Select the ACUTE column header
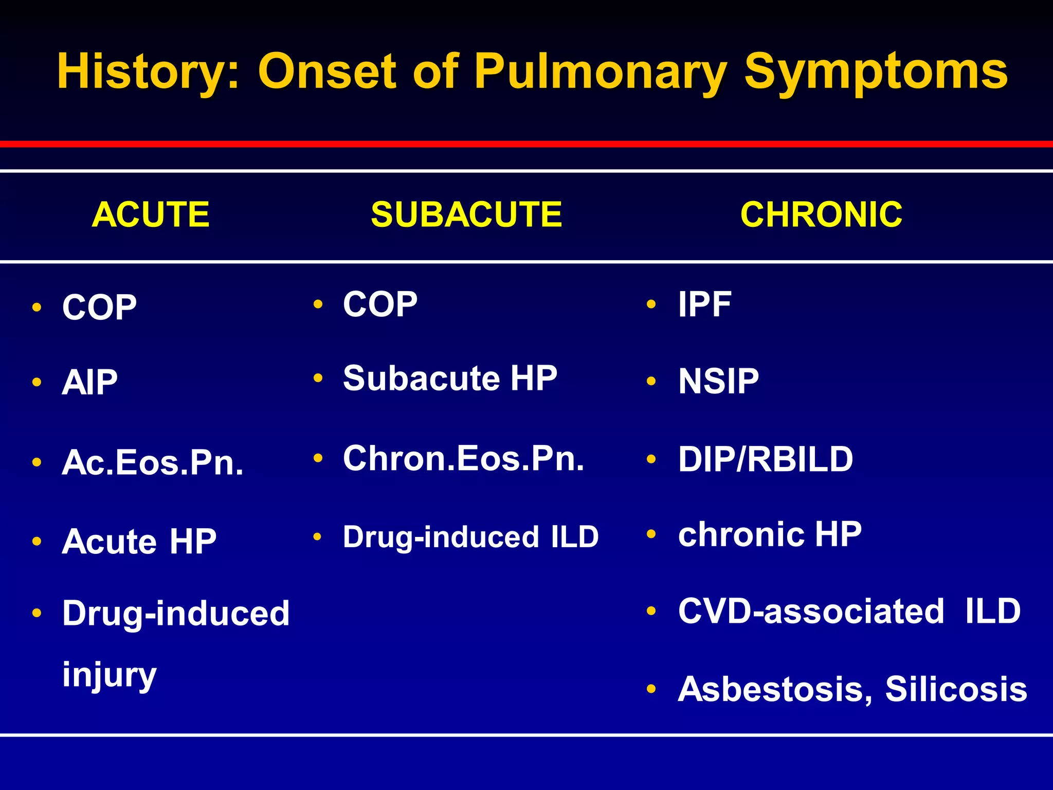click(x=151, y=214)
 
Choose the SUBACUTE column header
click(x=466, y=214)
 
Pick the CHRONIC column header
click(x=821, y=214)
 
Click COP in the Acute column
click(x=99, y=308)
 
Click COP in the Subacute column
click(x=380, y=304)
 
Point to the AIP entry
click(x=90, y=383)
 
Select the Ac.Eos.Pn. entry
click(x=153, y=462)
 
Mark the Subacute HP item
click(x=450, y=379)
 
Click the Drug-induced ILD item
click(x=470, y=537)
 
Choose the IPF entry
click(x=704, y=304)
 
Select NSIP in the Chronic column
click(x=718, y=382)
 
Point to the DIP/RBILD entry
click(x=765, y=459)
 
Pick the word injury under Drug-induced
click(x=109, y=675)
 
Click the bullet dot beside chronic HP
click(x=651, y=534)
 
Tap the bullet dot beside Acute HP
click(x=37, y=541)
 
